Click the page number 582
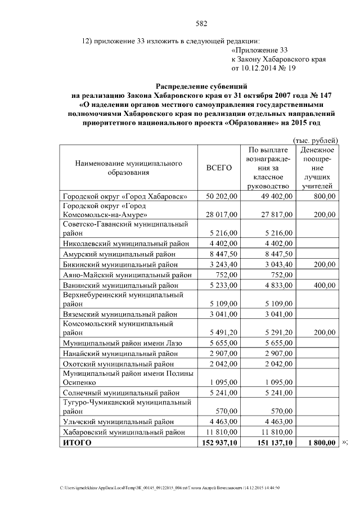[201, 24]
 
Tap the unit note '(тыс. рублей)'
[316, 139]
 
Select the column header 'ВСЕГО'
[219, 168]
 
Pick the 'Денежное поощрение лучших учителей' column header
[317, 168]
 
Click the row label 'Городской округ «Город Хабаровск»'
[125, 196]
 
